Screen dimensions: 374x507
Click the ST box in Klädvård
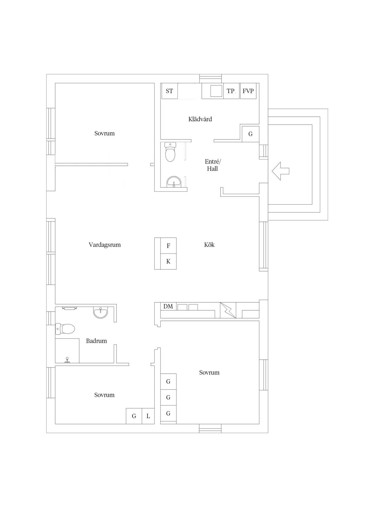click(169, 91)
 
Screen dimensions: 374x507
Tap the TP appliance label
click(231, 91)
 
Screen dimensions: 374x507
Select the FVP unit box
click(248, 91)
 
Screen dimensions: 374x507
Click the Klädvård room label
click(200, 119)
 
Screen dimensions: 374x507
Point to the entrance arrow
click(280, 171)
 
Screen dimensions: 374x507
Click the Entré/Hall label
click(212, 165)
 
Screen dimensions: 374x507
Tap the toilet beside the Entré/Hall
click(170, 152)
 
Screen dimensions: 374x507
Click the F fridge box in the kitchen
click(169, 246)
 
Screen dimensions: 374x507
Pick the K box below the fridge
click(169, 262)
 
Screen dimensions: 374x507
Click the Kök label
click(209, 245)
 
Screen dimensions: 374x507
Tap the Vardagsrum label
click(105, 245)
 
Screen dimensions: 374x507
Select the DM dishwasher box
click(168, 306)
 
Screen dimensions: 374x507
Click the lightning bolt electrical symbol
click(228, 310)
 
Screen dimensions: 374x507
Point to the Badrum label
click(96, 341)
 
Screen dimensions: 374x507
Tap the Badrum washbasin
click(101, 312)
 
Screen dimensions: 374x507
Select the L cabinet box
click(148, 416)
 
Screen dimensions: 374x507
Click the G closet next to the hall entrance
click(250, 134)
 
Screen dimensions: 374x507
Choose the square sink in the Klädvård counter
click(216, 91)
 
